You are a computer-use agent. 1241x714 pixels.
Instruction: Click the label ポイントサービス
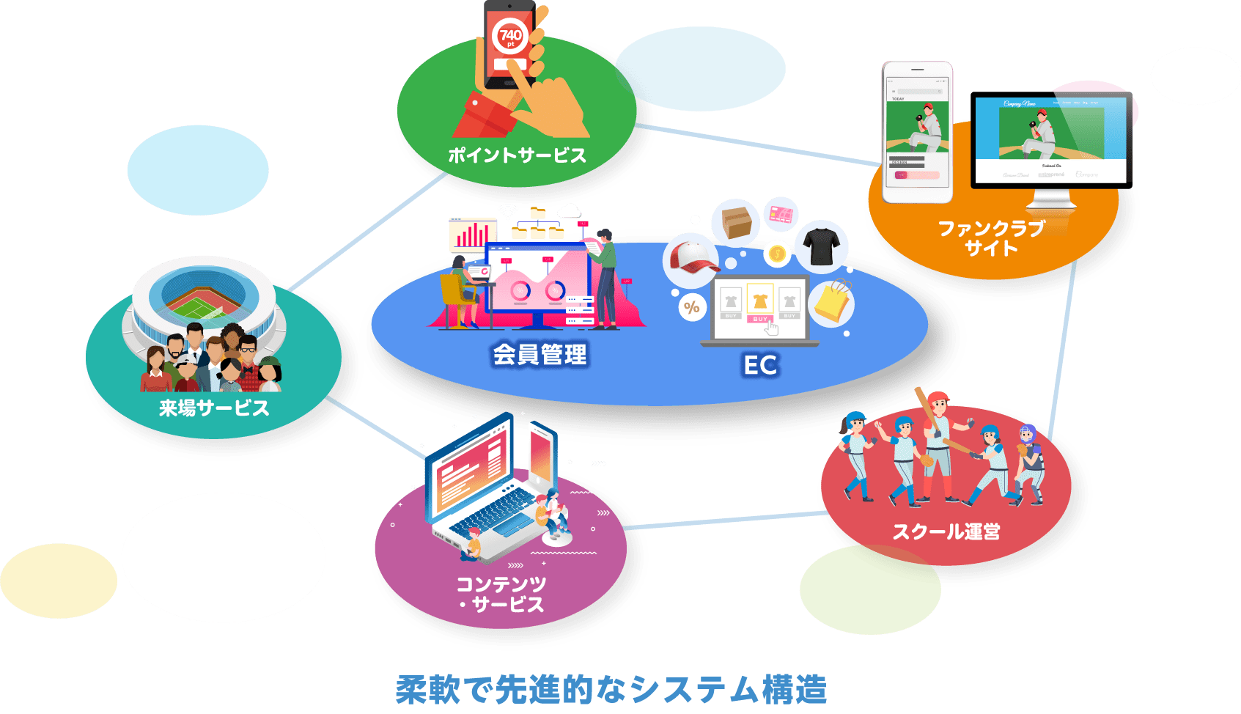517,155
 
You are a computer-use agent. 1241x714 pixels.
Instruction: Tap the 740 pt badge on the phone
510,37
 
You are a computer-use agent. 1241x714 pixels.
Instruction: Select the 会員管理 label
540,355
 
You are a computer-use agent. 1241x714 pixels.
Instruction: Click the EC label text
760,365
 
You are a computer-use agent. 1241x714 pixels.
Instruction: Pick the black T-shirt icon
821,246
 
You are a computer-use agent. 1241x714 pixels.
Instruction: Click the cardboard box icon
736,221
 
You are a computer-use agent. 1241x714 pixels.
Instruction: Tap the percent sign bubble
691,307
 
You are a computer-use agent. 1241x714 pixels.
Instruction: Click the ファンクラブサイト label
991,238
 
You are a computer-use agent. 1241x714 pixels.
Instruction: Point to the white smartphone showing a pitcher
918,132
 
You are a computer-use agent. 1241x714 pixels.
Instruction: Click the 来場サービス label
214,408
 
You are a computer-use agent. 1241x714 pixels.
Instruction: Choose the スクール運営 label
946,531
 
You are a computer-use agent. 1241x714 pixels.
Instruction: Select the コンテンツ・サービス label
501,595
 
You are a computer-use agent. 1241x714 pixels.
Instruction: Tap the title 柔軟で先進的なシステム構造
611,689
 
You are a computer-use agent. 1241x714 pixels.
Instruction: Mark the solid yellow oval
58,581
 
